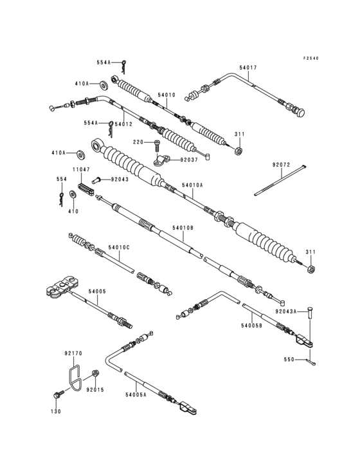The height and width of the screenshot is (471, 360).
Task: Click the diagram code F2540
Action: click(x=310, y=59)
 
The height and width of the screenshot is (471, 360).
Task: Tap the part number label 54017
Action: click(x=248, y=68)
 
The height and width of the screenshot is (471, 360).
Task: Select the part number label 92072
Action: click(x=281, y=165)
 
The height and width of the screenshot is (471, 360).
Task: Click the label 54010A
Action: click(x=192, y=185)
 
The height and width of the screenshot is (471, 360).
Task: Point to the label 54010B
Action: click(x=183, y=228)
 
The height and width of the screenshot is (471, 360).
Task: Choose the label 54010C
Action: click(x=119, y=248)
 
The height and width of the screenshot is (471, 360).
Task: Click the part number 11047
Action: click(x=81, y=170)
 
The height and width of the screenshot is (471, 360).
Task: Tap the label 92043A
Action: click(x=286, y=312)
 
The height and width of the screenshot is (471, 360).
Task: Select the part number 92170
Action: click(x=73, y=353)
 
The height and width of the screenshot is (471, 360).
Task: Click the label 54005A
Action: click(x=136, y=394)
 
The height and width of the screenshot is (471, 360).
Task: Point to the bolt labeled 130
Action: click(x=59, y=394)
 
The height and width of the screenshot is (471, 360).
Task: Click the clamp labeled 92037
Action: click(x=161, y=160)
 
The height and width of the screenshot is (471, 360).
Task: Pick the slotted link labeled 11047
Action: click(x=86, y=190)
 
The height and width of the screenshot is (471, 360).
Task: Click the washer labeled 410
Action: click(x=73, y=194)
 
